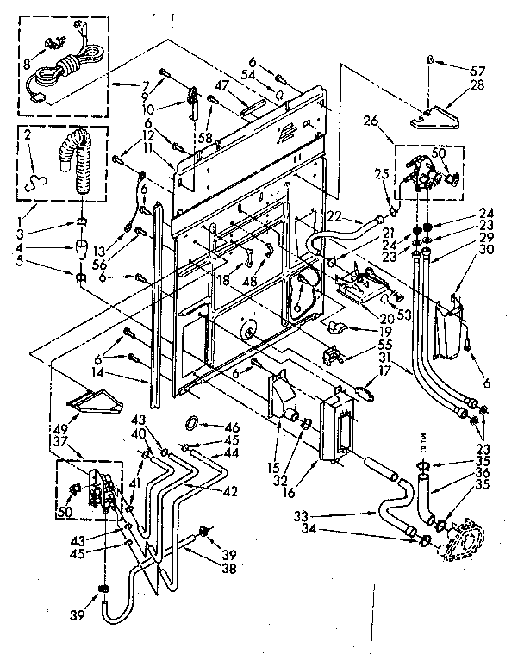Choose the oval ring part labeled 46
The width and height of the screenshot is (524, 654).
click(195, 422)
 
